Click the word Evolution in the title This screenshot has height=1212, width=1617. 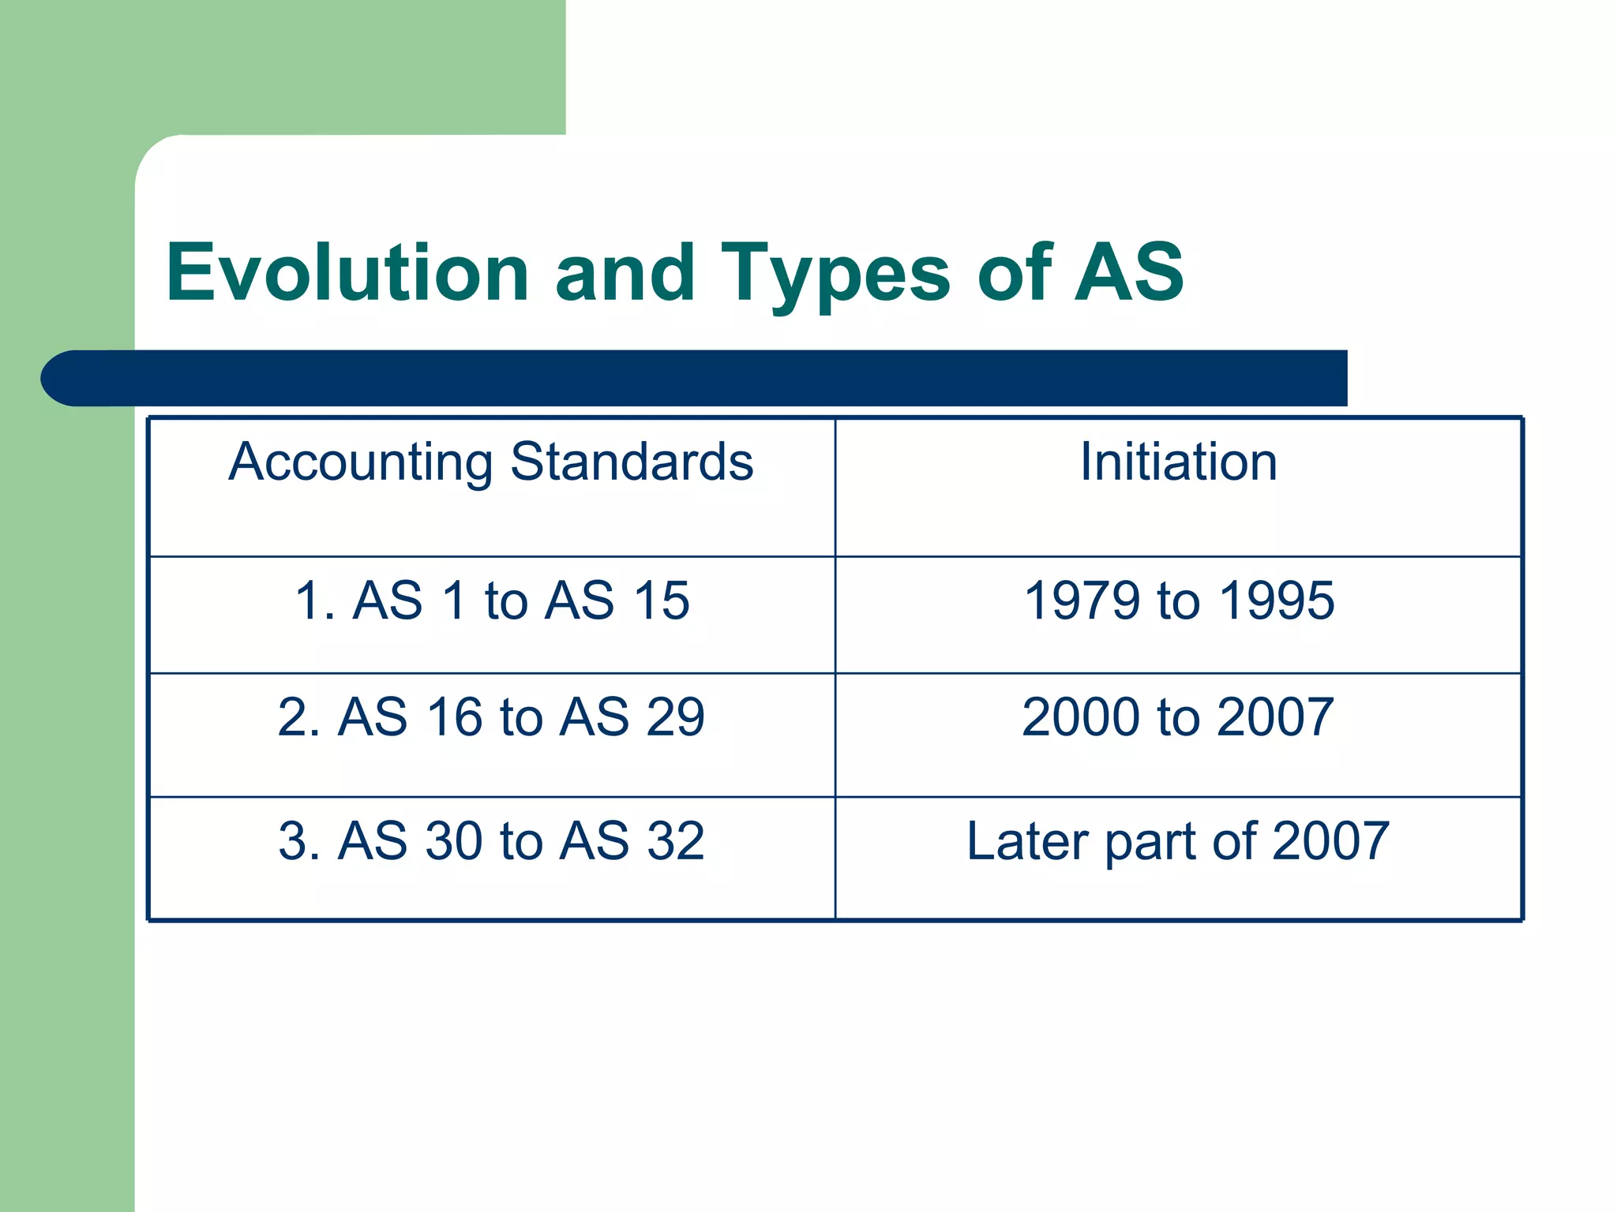point(347,272)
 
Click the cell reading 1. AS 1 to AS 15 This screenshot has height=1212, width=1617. point(491,600)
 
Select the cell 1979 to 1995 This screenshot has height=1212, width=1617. point(1178,600)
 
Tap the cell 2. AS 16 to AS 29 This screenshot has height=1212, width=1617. point(491,717)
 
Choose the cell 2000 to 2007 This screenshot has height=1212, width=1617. point(1178,717)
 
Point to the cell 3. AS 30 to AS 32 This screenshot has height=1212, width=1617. point(491,841)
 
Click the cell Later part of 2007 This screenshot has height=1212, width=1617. point(1178,841)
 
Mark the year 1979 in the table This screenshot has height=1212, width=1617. point(1082,600)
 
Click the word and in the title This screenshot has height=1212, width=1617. point(625,272)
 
